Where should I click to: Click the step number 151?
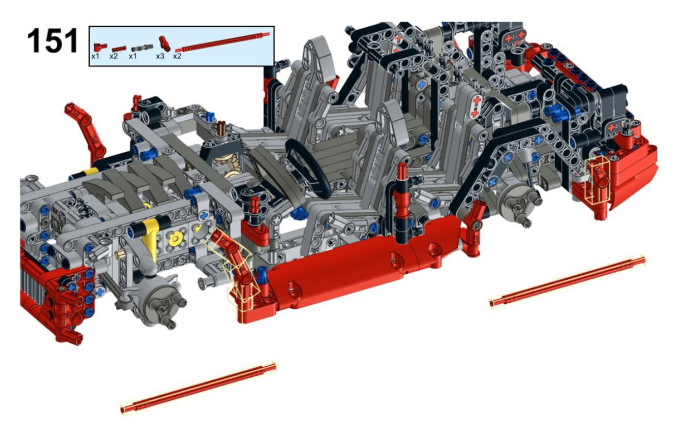[52, 41]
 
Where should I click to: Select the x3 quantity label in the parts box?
[160, 56]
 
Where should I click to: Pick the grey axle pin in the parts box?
[142, 48]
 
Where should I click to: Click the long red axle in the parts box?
[222, 41]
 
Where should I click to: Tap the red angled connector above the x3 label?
[164, 43]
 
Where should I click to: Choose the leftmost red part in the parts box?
[100, 47]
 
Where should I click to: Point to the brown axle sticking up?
[221, 128]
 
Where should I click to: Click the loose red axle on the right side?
[568, 281]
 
